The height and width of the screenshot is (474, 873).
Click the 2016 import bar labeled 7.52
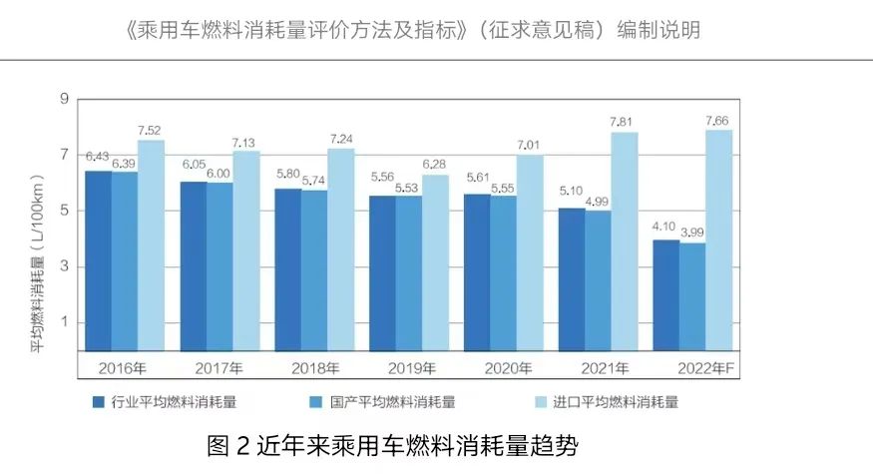tap(152, 244)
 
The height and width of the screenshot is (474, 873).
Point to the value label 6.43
tap(97, 157)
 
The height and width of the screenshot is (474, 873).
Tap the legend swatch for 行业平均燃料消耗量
tap(98, 403)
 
